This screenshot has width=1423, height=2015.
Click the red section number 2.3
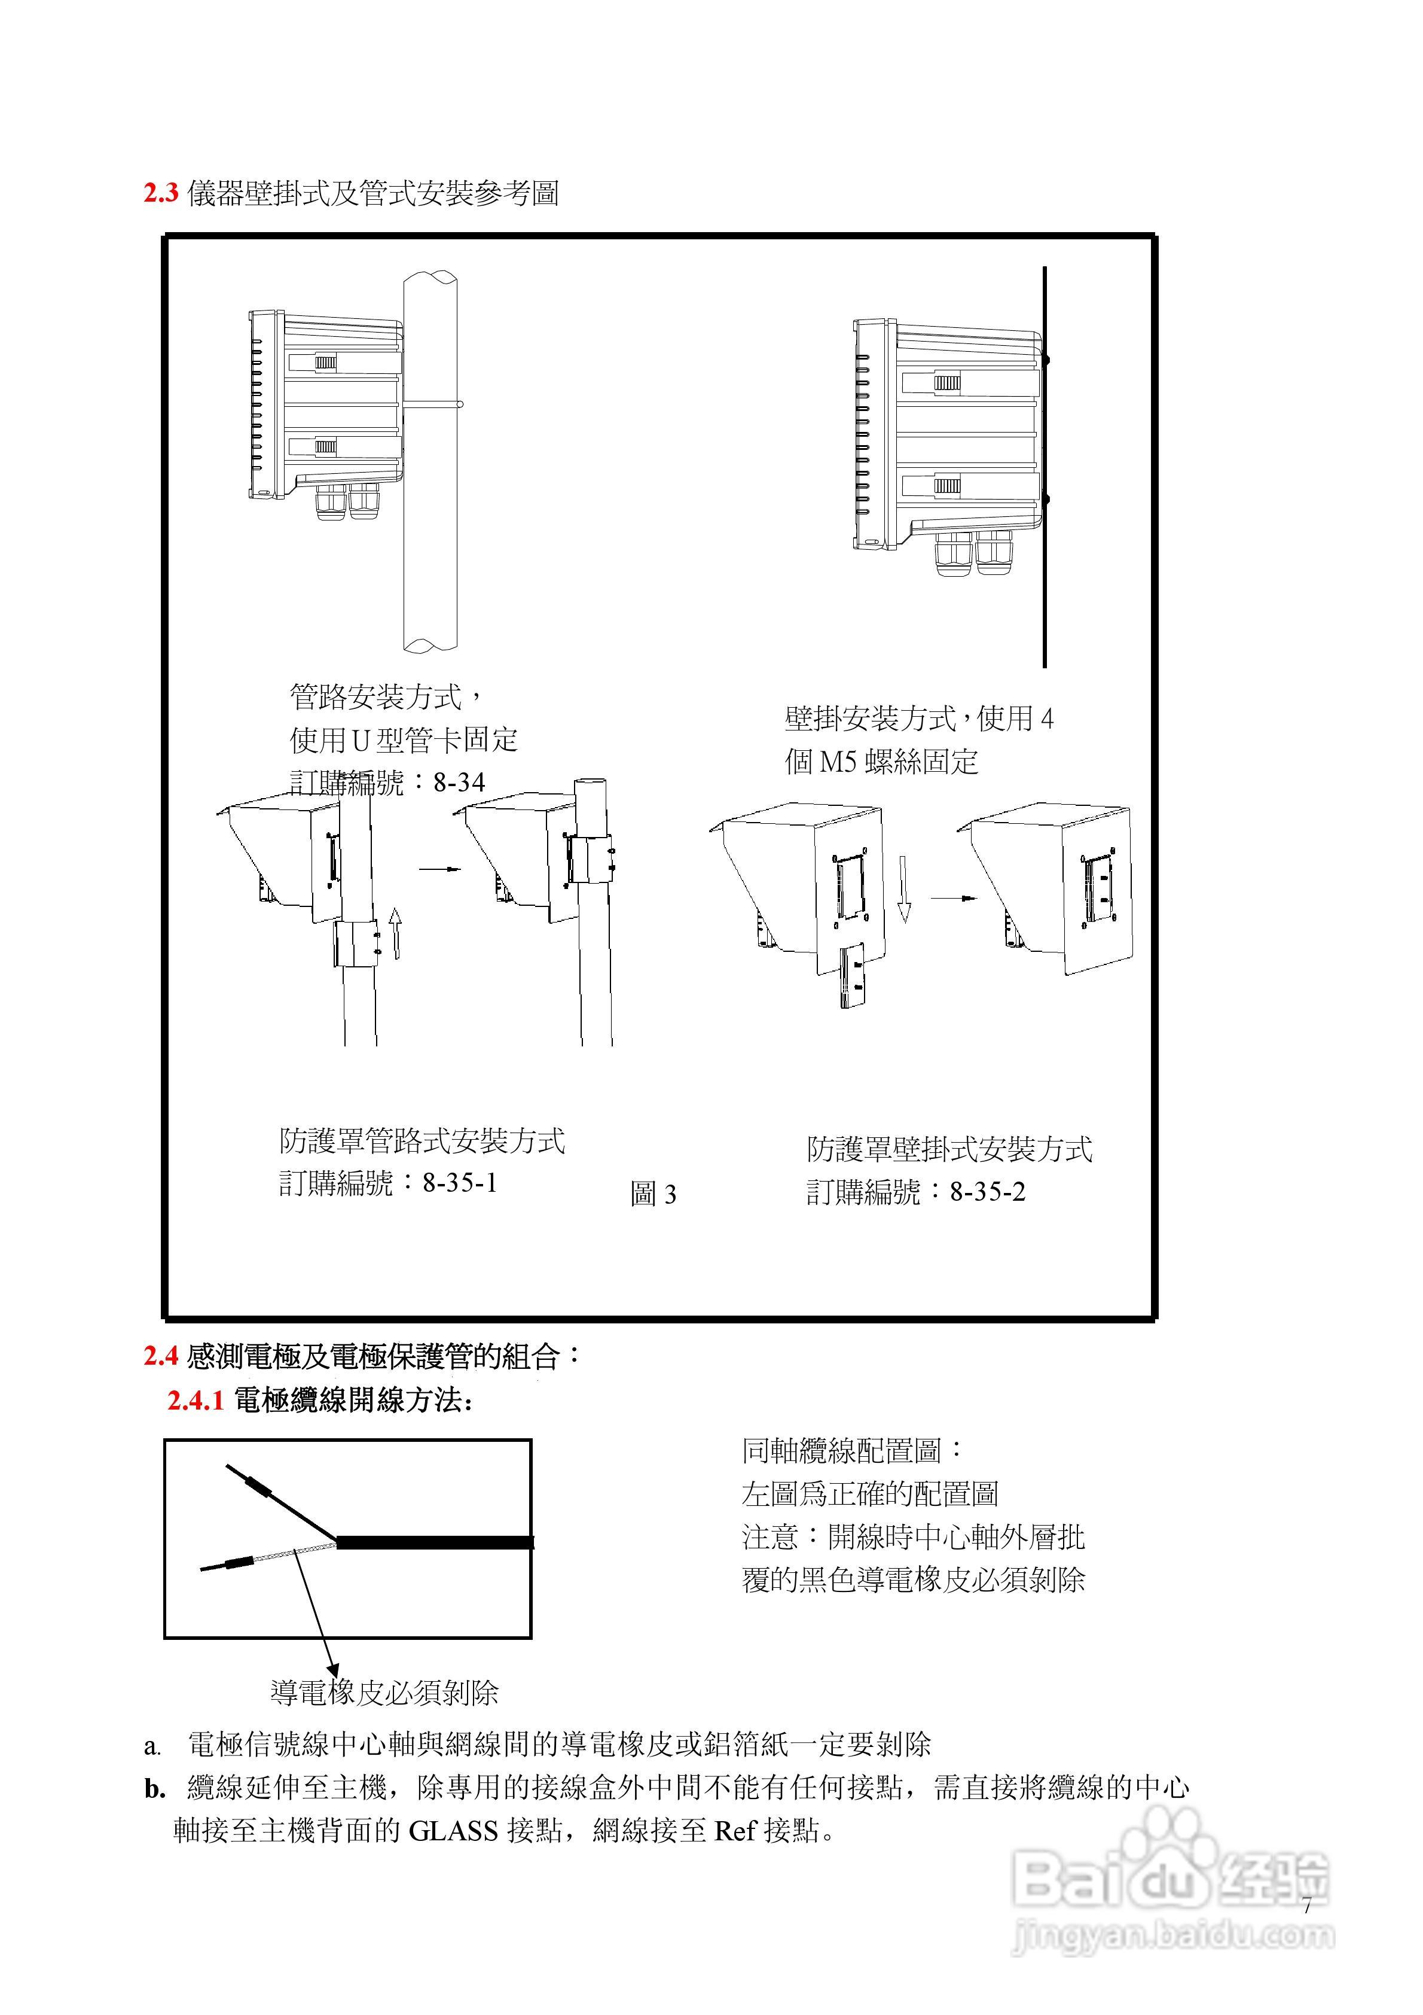(161, 193)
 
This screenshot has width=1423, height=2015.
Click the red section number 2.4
(161, 1357)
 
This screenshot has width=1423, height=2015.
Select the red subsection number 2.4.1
(196, 1401)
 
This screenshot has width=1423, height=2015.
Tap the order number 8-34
(459, 782)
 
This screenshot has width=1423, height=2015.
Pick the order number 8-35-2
(987, 1192)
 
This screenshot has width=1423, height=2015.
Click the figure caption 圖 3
(653, 1194)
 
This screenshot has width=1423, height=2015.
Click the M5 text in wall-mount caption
(837, 762)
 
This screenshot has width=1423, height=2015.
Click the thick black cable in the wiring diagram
(434, 1542)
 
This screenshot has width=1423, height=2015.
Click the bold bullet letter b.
(154, 1789)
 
